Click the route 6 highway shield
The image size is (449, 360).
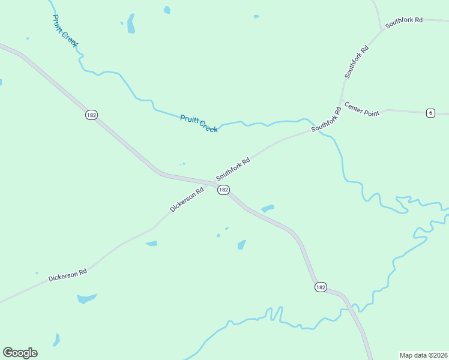[x=430, y=113]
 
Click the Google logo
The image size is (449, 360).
[x=20, y=352]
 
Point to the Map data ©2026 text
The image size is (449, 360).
[x=423, y=355]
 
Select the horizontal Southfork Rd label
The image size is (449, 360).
[x=404, y=20]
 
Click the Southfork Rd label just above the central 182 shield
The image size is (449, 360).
[x=233, y=169]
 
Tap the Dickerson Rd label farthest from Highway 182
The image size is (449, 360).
[x=68, y=275]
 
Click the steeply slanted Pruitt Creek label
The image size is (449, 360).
[x=65, y=31]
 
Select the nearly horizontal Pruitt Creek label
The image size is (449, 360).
[x=199, y=124]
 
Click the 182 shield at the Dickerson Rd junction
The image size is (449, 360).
[x=223, y=190]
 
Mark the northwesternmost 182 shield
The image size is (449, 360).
[x=91, y=115]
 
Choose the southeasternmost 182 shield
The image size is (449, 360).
[x=321, y=287]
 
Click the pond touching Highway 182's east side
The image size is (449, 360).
[x=268, y=209]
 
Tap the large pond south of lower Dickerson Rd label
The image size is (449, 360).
[x=86, y=298]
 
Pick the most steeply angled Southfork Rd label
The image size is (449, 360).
[x=356, y=61]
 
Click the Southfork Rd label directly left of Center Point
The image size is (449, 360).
[x=326, y=119]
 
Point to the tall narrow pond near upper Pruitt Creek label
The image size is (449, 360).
[x=131, y=24]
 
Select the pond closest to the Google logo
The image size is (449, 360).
[x=56, y=340]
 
